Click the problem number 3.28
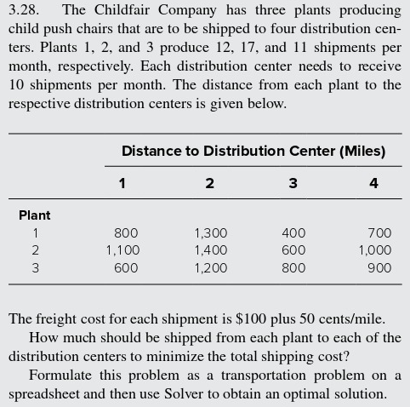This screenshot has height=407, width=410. [x=24, y=10]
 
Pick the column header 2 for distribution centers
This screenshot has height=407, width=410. [x=210, y=183]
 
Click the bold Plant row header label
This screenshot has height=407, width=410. [x=35, y=215]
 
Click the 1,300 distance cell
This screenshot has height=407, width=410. [x=210, y=232]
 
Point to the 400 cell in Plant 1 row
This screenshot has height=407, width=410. [x=293, y=232]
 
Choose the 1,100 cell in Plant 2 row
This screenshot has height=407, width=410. [x=122, y=250]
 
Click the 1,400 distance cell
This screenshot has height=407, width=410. [x=210, y=250]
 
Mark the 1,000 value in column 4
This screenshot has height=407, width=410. [x=374, y=250]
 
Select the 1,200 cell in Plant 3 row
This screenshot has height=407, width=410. [x=210, y=268]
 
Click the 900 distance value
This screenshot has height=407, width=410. [x=379, y=268]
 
